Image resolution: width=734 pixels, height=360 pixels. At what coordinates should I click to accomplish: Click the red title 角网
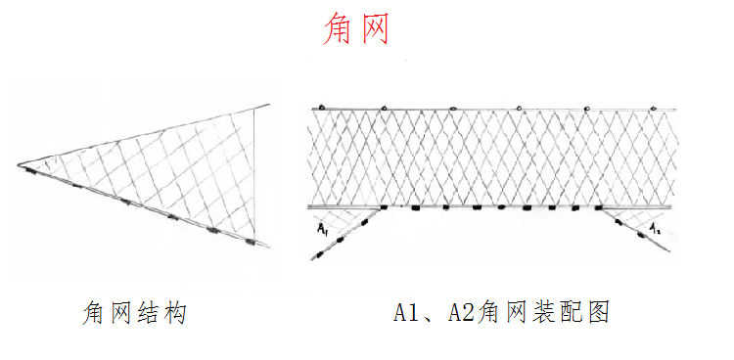(x=356, y=29)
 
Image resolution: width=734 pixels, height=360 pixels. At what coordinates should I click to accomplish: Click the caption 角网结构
(x=134, y=313)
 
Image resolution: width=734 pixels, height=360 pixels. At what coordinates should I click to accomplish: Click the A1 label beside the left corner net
(x=322, y=229)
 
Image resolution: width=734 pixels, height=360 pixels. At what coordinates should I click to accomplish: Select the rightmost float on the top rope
(x=649, y=104)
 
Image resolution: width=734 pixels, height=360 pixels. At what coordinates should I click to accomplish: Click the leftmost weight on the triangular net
(x=33, y=172)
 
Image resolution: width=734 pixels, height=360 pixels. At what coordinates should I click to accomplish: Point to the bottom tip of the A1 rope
(x=312, y=258)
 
